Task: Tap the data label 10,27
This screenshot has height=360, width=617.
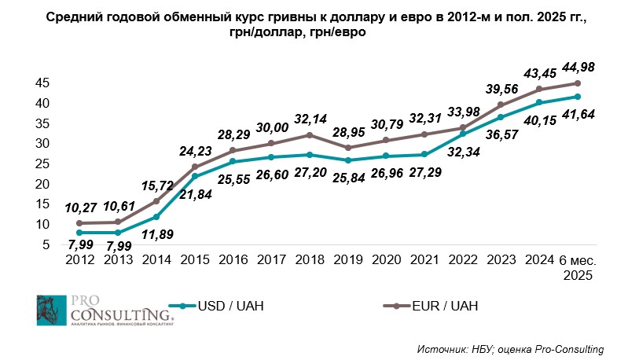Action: point(83,208)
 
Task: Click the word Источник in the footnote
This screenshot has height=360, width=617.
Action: point(440,347)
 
